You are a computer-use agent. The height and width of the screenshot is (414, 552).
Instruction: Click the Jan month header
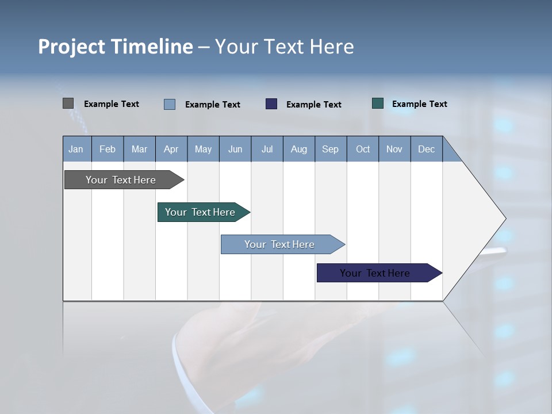pos(76,149)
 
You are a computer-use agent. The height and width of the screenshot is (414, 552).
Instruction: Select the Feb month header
pos(108,149)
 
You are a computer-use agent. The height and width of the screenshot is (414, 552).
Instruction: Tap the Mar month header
pos(139,149)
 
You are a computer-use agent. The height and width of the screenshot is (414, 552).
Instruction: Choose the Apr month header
pos(171,149)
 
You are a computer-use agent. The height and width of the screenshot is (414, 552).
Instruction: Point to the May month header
pos(203,149)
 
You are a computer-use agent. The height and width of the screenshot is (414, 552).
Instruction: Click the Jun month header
pos(235,149)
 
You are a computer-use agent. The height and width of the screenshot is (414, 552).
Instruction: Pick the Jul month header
pos(267,149)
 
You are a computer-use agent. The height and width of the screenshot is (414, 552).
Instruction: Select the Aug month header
pos(299,149)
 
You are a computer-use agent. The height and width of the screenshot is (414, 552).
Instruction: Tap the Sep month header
pos(331,149)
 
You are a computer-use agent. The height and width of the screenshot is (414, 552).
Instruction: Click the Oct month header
pos(363,149)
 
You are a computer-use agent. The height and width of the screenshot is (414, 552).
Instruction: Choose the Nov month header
pos(394,149)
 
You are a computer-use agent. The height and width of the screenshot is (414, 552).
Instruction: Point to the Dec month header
pos(427,149)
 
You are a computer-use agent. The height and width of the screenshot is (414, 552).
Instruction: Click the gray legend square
pos(68,103)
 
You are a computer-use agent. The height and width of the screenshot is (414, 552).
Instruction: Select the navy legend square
pos(271,103)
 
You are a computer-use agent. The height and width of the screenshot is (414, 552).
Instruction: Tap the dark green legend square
pos(378,103)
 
